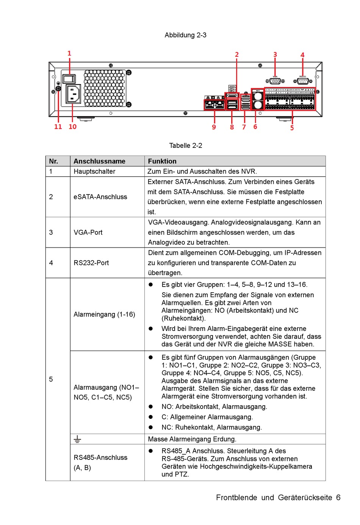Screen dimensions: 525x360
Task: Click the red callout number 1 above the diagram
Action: click(x=69, y=53)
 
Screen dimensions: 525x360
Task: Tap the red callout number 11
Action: click(x=58, y=127)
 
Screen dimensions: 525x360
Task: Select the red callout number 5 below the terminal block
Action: click(x=292, y=128)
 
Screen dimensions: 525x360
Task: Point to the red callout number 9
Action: click(x=214, y=127)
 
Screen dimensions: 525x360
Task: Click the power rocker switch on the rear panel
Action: click(x=69, y=79)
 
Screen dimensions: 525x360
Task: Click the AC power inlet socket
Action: click(x=73, y=94)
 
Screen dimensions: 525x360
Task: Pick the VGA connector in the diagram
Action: click(x=275, y=81)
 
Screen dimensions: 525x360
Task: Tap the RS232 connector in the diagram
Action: click(x=302, y=81)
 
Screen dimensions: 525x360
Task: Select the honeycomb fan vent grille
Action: click(x=104, y=88)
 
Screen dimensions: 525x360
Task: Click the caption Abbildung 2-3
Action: click(x=185, y=35)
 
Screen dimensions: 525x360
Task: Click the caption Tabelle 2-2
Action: click(x=185, y=146)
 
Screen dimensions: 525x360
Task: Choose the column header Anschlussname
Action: click(x=99, y=161)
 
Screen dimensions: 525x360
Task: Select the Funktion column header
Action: click(x=162, y=161)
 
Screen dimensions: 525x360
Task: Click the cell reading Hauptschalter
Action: click(x=94, y=171)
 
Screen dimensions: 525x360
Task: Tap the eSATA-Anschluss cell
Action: click(x=100, y=197)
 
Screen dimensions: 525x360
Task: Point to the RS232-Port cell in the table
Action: click(x=91, y=263)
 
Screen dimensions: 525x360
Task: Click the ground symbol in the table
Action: click(x=77, y=439)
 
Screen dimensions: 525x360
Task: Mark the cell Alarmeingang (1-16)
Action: click(x=104, y=314)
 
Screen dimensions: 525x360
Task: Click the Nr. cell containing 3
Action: click(x=51, y=232)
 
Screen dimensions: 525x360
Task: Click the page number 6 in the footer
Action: click(x=338, y=497)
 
